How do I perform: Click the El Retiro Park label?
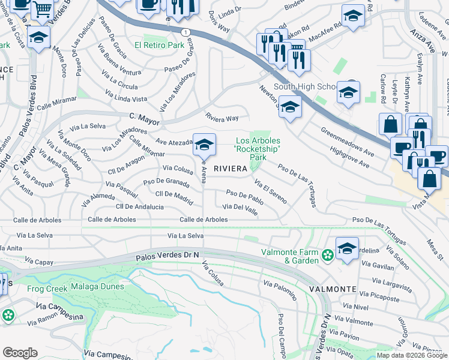pos(159,45)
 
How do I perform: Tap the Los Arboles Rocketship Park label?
pos(258,149)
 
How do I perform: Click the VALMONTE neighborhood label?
pos(333,289)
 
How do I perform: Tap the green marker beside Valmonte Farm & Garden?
pos(327,256)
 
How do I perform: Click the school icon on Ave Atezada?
pos(204,144)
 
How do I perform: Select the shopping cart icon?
pos(42,8)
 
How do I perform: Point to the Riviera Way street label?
pos(222,118)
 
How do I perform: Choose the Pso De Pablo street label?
pos(245,196)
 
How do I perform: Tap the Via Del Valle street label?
pos(240,207)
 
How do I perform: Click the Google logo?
pos(20,353)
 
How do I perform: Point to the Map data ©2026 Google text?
pos(412,355)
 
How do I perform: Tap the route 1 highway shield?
pos(188,32)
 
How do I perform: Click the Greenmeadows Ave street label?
pos(347,142)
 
